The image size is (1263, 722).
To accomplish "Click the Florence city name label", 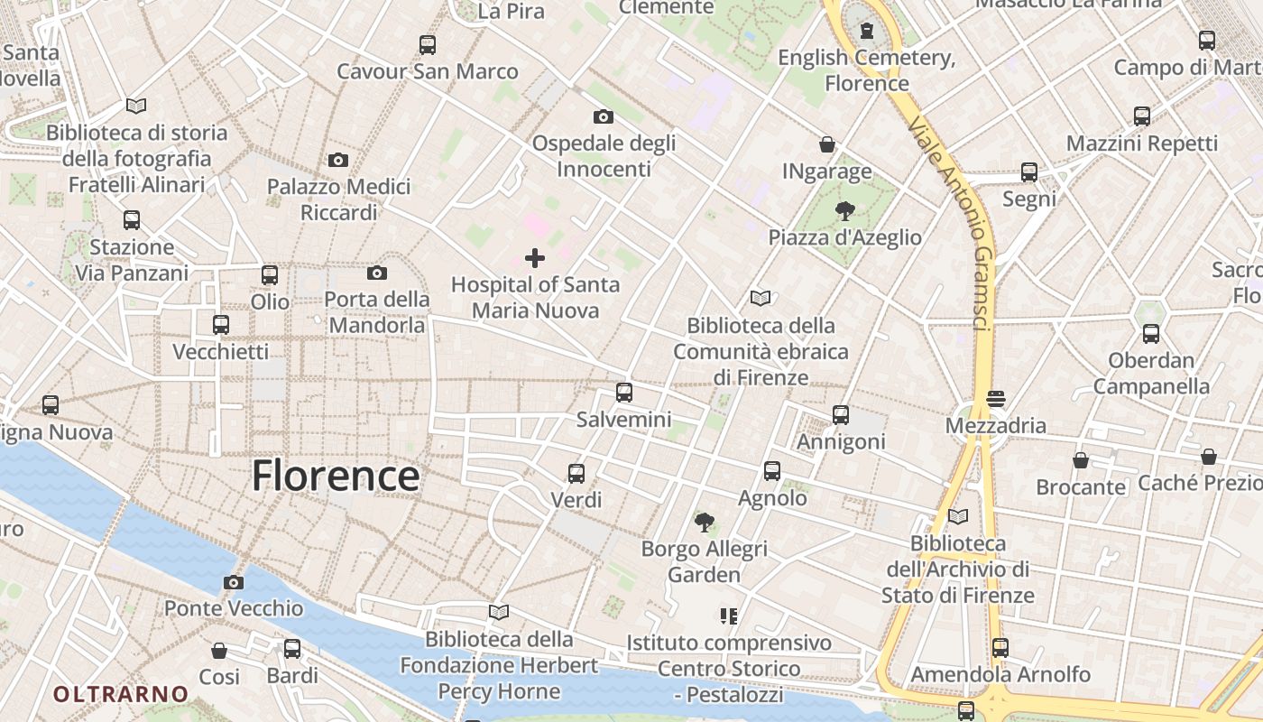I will (336, 476).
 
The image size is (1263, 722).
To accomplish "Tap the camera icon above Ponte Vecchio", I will (234, 582).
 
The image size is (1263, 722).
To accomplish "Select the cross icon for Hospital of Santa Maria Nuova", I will (535, 258).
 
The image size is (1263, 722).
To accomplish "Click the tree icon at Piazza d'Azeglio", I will (845, 211).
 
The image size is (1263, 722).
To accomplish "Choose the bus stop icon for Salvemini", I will (624, 393).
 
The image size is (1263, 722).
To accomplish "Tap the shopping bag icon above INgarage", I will (827, 144).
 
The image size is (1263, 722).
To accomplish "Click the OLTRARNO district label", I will (121, 694).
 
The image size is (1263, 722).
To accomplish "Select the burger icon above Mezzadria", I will (996, 398).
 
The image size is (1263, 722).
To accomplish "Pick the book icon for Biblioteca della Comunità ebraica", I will (761, 298).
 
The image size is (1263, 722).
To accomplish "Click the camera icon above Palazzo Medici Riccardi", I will (338, 160).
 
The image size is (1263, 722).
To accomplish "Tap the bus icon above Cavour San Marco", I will (428, 44).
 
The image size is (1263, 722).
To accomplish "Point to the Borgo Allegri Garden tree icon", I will (705, 522).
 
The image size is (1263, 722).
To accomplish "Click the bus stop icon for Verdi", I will (576, 473).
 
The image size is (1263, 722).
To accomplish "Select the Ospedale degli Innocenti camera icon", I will (604, 116).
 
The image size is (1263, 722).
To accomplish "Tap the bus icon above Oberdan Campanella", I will (1151, 334).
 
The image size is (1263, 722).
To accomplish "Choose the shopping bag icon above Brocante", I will (1081, 460).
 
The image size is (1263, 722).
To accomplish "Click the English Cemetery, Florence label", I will (867, 70).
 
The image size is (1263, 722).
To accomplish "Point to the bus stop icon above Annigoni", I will (841, 415).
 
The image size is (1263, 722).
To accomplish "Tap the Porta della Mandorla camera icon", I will (377, 273).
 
